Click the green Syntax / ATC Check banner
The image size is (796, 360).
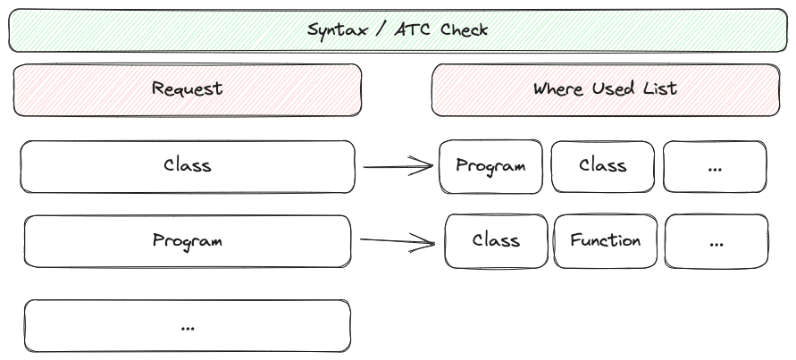[398, 30]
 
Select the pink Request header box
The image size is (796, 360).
[188, 90]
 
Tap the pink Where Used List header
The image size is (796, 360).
[606, 90]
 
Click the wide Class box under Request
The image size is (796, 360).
[188, 167]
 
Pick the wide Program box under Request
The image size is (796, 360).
[188, 241]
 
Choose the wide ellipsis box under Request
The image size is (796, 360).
[188, 326]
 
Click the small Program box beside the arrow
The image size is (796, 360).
[490, 166]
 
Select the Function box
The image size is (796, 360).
[605, 241]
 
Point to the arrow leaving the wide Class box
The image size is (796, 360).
[398, 166]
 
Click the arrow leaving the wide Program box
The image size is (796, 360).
[397, 241]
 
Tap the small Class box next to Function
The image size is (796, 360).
[496, 241]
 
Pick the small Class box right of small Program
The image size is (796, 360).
[603, 166]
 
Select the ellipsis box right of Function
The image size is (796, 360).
[716, 241]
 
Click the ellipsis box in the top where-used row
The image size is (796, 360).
[715, 166]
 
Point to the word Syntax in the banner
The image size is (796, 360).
[338, 30]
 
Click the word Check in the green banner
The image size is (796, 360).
[464, 29]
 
